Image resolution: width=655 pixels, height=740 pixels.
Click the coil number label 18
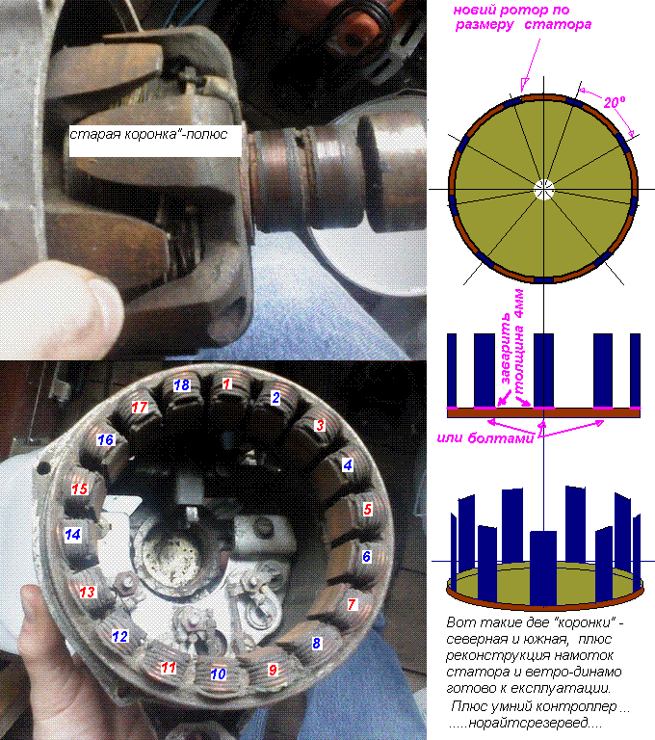182,385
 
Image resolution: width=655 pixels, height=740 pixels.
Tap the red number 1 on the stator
227,383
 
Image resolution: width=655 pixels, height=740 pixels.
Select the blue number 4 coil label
348,465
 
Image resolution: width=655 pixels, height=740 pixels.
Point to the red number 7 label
352,604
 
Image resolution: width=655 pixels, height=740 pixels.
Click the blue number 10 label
218,674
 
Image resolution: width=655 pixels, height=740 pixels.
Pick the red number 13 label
88,592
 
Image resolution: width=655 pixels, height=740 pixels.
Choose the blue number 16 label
106,440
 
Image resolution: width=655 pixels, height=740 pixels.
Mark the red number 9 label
273,670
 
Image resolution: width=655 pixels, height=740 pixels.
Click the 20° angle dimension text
615,102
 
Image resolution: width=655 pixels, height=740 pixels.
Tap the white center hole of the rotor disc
543,190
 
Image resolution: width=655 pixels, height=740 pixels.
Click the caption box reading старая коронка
155,141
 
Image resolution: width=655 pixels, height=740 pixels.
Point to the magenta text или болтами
485,438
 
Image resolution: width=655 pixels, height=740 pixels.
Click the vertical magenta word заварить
505,349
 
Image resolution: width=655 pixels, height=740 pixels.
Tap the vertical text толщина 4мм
518,342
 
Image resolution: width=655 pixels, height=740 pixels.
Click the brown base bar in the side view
543,413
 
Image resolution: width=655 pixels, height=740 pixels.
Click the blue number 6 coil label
367,557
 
